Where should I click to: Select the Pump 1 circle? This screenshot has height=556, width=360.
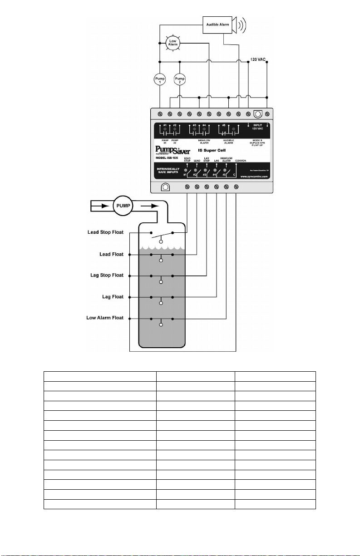click(x=159, y=79)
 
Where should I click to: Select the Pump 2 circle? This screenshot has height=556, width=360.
click(x=180, y=79)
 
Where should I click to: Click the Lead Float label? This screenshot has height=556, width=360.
click(x=112, y=254)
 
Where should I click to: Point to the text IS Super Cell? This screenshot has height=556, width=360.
click(x=218, y=149)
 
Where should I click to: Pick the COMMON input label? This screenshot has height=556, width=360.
click(x=241, y=160)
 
